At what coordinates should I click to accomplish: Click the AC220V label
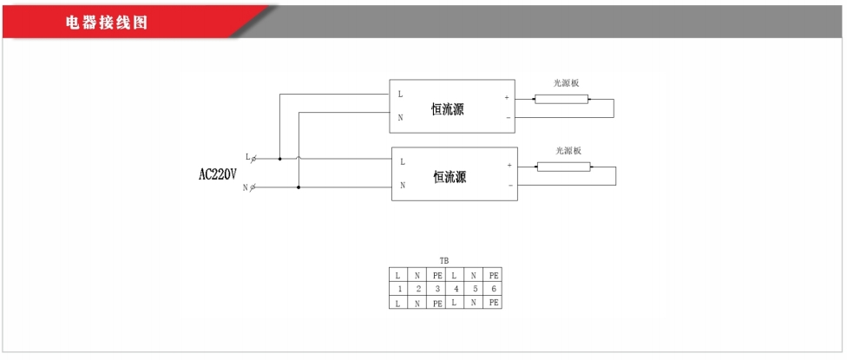pos(218,173)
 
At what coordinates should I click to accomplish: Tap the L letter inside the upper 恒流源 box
pos(400,94)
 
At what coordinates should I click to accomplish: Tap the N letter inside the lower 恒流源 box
pos(403,185)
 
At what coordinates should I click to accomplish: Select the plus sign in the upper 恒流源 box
pos(506,98)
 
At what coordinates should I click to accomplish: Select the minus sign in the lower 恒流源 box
pos(509,185)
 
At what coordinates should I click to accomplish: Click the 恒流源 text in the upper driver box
pos(448,109)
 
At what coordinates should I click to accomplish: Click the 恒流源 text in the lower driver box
pos(450,177)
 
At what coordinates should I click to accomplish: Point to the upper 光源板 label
pos(566,83)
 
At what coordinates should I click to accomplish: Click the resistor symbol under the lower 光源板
pos(563,167)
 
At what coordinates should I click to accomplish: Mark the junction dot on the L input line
pos(279,159)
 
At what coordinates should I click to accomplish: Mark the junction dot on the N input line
pos(299,187)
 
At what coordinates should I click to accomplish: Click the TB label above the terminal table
pos(443,259)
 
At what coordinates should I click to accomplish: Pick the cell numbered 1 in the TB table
pos(398,288)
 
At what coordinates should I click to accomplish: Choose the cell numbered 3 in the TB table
pos(437,288)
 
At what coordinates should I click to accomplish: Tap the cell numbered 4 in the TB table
pos(456,288)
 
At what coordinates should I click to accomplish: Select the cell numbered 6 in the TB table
pos(493,288)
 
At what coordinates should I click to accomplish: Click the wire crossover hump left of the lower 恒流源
pos(299,158)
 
